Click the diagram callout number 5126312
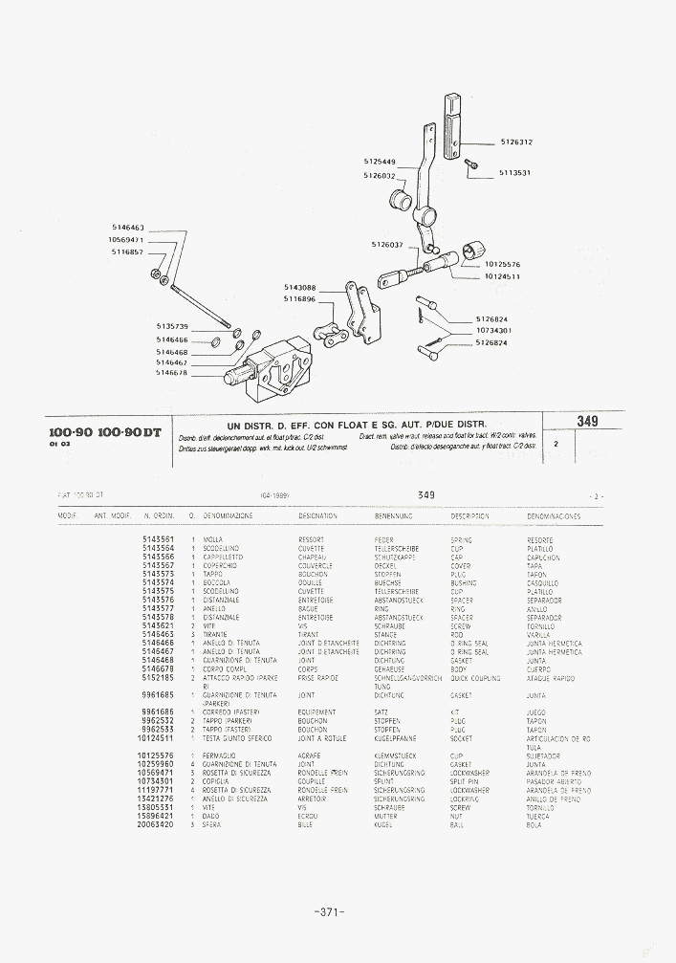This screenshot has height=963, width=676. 516,142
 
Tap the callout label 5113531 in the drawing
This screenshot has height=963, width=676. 514,173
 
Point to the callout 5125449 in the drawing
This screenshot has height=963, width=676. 380,162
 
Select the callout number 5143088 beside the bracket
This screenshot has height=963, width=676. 299,287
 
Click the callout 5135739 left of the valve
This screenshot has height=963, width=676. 172,327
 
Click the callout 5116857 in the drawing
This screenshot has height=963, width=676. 127,252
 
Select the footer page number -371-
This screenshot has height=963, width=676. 328,911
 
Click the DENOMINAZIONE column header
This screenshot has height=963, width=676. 227,516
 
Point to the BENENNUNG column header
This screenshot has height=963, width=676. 392,516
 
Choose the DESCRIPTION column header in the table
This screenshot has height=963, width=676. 470,516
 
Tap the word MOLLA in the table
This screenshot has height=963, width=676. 212,540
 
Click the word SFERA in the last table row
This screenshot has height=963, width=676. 211,824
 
